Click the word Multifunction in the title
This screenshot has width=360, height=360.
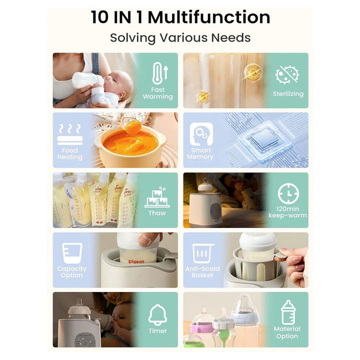point(209,17)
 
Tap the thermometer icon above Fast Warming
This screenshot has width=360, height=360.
point(160,73)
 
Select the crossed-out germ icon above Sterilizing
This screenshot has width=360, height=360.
point(287,74)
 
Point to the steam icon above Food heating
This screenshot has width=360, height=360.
point(70,134)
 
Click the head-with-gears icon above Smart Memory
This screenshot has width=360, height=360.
point(201,134)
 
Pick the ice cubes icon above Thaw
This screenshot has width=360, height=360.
point(157,197)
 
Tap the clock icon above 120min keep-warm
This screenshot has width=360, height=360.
point(288,193)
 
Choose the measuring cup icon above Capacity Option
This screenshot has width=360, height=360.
point(72,253)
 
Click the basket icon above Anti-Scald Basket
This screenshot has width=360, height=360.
point(202,253)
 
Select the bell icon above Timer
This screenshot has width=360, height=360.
point(157,314)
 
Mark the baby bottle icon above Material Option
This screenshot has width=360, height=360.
point(288,312)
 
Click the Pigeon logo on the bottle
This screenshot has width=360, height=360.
point(136,261)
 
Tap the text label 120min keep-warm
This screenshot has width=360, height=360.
point(287,212)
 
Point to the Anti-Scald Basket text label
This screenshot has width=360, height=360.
point(202,272)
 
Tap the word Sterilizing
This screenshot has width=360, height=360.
point(288,93)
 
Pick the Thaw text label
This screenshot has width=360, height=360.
point(157,213)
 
